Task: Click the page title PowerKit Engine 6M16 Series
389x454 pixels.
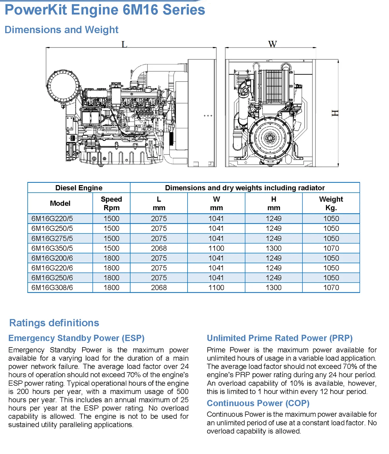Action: pos(105,10)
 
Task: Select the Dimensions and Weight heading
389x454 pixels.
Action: pos(61,30)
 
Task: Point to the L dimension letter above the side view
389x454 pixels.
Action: pos(124,44)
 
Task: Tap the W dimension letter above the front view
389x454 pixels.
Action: pos(272,44)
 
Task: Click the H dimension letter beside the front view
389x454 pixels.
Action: pos(335,113)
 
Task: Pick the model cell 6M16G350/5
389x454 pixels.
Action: pos(52,248)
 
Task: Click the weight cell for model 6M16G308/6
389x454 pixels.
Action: pos(331,288)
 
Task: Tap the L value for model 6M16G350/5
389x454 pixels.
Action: pos(159,248)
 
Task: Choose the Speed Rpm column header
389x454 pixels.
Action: pos(111,203)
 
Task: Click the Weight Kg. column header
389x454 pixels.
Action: pos(331,203)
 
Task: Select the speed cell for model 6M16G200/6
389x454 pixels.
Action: pos(111,258)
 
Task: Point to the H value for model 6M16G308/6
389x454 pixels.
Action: pos(274,288)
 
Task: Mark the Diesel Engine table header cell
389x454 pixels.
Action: pos(79,188)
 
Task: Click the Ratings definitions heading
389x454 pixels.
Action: pos(54,323)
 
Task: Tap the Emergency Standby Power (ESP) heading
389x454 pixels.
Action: pos(76,338)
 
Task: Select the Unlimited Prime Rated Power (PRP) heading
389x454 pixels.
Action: pos(280,338)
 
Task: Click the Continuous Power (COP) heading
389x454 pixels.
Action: pos(258,403)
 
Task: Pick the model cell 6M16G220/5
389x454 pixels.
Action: pos(52,219)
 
